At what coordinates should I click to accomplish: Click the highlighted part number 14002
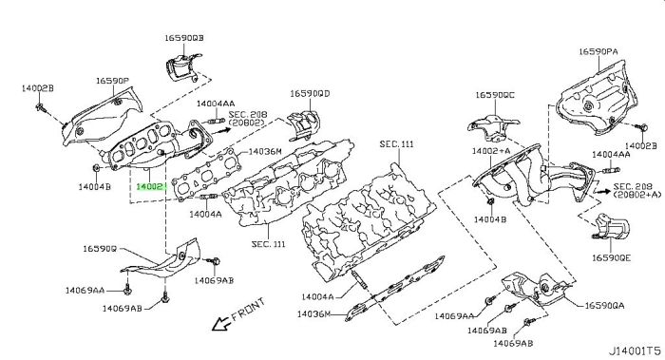click(151, 188)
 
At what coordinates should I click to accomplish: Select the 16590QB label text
click(182, 39)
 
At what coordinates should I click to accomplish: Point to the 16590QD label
click(310, 94)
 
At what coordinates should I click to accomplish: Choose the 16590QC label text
click(495, 96)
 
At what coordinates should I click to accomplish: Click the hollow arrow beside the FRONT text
click(220, 325)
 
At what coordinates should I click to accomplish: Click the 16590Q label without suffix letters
click(99, 249)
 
